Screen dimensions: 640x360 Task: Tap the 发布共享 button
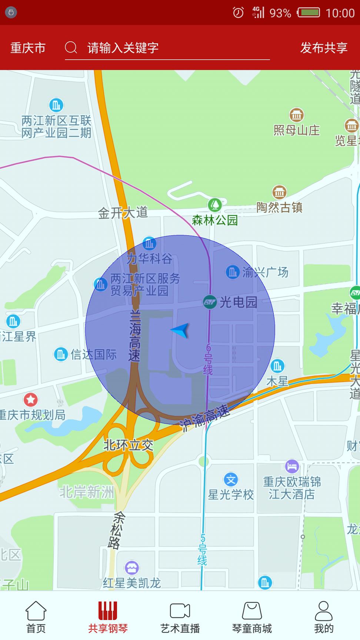click(324, 48)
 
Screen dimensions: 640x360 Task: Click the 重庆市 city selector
click(28, 48)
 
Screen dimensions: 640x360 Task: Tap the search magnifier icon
click(71, 47)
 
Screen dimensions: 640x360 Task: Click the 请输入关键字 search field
click(167, 48)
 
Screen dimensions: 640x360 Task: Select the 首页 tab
click(36, 617)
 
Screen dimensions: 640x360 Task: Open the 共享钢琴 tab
click(108, 617)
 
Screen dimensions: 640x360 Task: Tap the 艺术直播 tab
click(180, 617)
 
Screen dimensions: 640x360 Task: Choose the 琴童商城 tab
click(252, 617)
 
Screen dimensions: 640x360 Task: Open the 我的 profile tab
click(324, 617)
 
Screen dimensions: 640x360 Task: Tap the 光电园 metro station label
click(238, 302)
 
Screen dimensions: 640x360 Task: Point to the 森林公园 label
click(215, 220)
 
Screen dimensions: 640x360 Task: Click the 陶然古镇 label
click(280, 207)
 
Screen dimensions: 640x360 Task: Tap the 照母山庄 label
click(296, 130)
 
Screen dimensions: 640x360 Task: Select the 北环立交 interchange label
click(128, 445)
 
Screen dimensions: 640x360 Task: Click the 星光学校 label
click(231, 494)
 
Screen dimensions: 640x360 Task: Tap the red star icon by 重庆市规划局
click(31, 399)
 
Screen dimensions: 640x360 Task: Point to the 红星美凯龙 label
click(131, 583)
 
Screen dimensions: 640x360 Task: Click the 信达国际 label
click(93, 354)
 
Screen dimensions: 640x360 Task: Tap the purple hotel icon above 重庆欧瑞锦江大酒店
click(292, 466)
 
